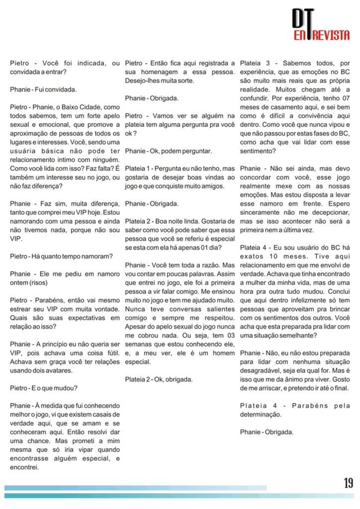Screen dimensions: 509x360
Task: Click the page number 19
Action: pyautogui.click(x=348, y=483)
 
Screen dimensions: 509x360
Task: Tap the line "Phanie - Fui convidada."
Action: pyautogui.click(x=43, y=89)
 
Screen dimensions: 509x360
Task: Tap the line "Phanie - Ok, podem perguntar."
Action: pyautogui.click(x=169, y=151)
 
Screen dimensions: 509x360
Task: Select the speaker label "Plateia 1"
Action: pyautogui.click(x=139, y=168)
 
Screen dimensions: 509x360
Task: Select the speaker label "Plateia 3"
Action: pyautogui.click(x=255, y=63)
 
